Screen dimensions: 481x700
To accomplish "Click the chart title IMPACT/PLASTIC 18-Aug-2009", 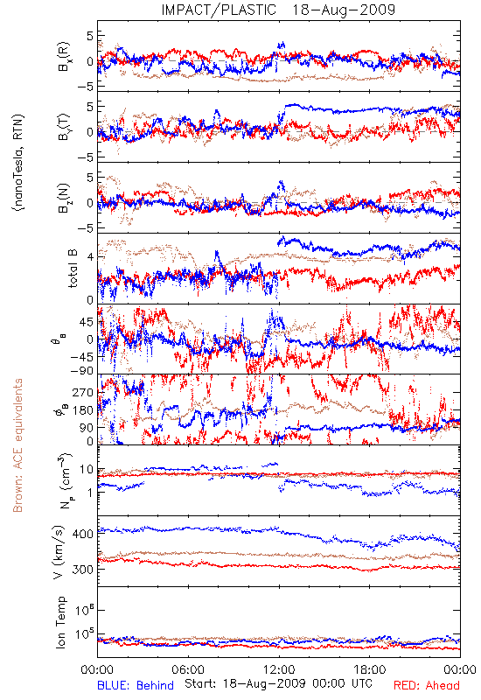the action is pos(278,10).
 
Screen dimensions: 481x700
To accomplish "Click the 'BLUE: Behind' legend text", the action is pos(136,685).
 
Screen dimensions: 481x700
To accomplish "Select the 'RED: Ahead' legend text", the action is pos(427,685).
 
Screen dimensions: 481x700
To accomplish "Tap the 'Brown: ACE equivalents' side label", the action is pos(17,445).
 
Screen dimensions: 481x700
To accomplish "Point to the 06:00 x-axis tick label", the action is pos(188,669).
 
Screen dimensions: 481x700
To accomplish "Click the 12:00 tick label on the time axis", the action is pos(279,669).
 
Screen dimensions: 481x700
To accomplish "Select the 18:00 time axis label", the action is pos(370,669).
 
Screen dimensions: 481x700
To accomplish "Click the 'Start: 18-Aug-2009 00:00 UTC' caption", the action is pos(278,683).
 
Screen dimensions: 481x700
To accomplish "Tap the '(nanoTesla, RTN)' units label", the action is pos(18,162).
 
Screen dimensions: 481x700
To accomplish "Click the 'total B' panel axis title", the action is pos(73,269).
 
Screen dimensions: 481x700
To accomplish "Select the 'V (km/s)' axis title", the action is pos(59,553).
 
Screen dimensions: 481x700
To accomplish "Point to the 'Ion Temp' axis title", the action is pos(61,622).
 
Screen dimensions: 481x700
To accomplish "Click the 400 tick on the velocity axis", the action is pos(83,534).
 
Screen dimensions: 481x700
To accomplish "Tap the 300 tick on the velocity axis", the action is pos(83,570).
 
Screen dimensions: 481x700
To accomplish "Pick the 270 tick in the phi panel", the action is pos(83,392).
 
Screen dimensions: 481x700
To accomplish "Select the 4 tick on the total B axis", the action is pos(91,257).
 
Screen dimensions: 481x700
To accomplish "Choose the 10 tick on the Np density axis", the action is pos(87,469).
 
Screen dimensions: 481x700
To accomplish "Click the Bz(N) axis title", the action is pos(64,199).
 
